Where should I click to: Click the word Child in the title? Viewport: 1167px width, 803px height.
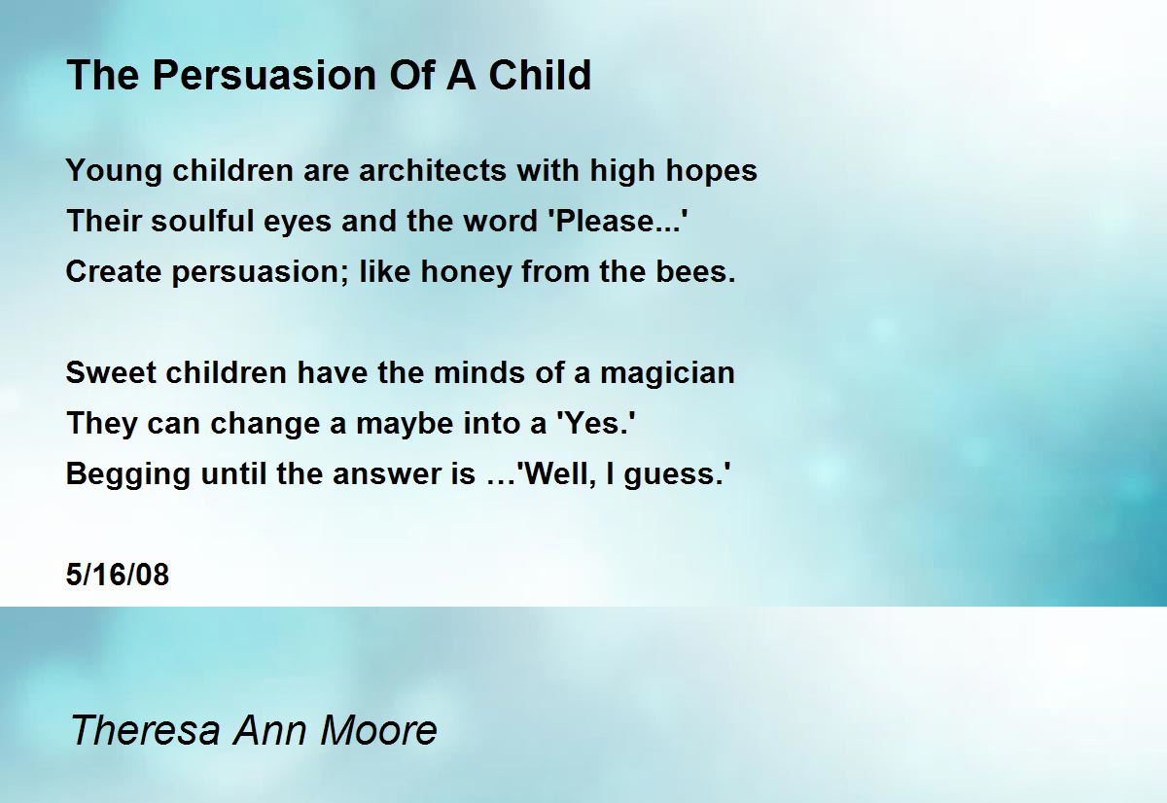click(540, 75)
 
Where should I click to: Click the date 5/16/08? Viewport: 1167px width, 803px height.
click(118, 575)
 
